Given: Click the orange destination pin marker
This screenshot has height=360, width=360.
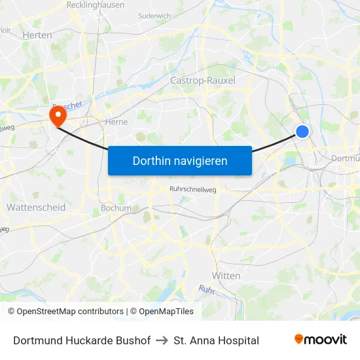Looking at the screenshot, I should click(x=58, y=116).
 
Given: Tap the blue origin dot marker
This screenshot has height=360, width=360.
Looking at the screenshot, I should click(x=302, y=132).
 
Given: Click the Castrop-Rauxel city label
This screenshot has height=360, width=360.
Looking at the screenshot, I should click(x=202, y=81).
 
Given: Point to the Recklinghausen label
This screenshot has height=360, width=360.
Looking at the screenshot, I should click(x=96, y=5).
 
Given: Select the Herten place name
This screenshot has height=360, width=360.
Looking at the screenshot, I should click(x=37, y=35).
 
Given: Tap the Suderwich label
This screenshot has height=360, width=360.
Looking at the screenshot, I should click(x=155, y=15).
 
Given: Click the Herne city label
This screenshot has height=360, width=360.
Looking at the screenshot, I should click(x=116, y=121).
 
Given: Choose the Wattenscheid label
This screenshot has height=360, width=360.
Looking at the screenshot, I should click(x=35, y=207).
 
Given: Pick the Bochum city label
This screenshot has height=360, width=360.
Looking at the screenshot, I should click(x=116, y=208).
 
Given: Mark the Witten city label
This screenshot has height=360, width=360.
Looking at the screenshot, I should click(x=226, y=276).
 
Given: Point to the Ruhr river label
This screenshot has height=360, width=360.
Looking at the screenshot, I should click(x=207, y=289).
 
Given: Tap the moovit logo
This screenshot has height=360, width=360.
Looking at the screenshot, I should click(x=321, y=340).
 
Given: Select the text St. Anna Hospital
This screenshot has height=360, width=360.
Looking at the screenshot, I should click(x=217, y=340).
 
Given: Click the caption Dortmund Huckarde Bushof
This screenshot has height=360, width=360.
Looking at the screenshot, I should click(x=82, y=340).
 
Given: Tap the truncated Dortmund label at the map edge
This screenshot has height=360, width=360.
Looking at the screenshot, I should click(x=345, y=158).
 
